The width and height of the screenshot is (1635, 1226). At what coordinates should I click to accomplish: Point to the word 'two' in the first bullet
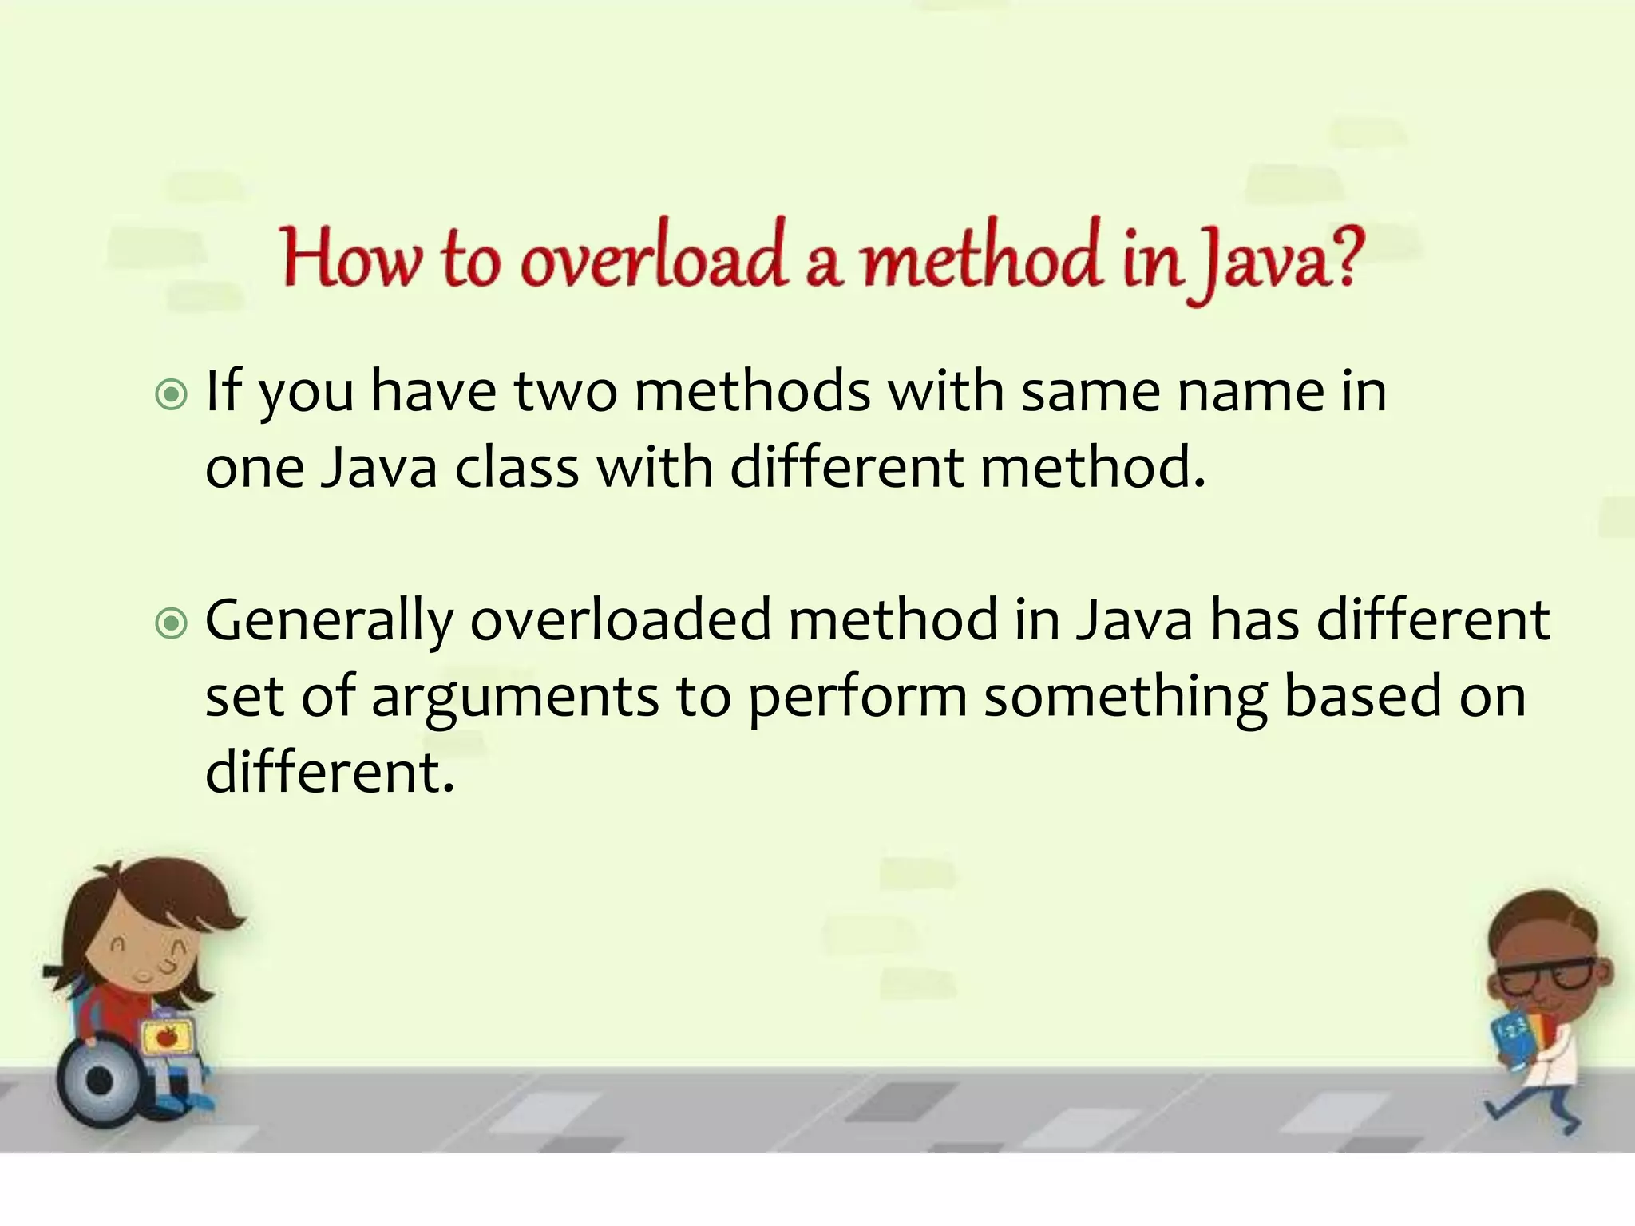pos(565,392)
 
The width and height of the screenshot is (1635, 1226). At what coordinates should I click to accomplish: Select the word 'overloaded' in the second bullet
pos(620,621)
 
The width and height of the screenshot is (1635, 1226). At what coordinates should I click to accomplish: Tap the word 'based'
pos(1362,697)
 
